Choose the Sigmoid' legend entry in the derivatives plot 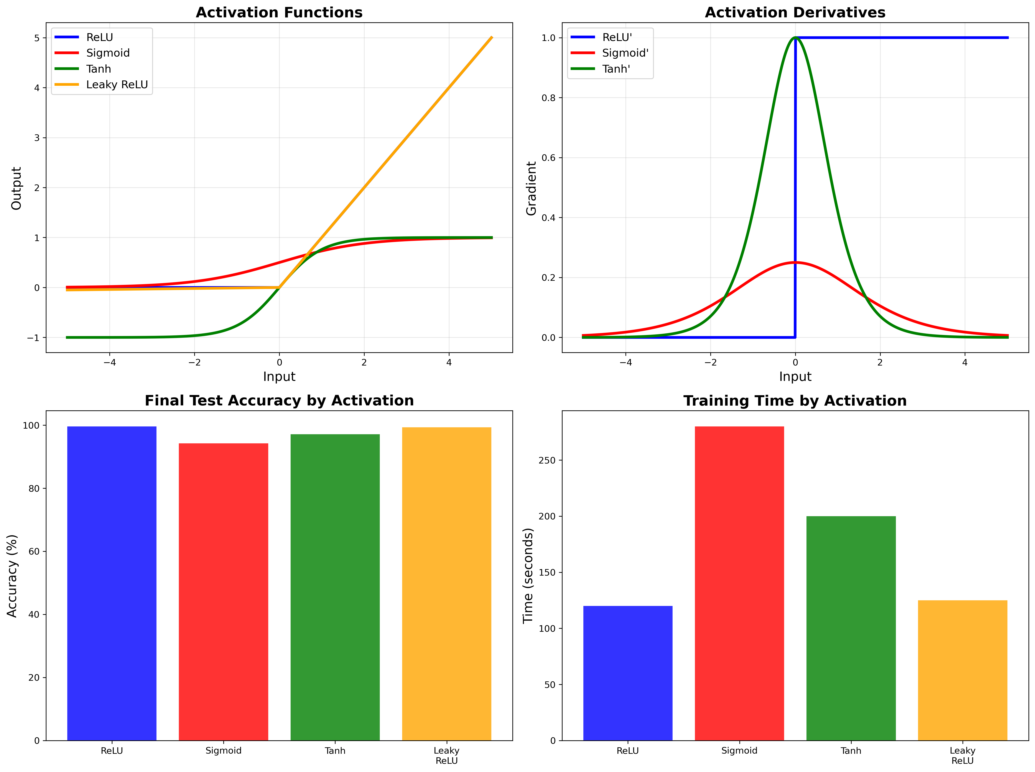[x=625, y=53]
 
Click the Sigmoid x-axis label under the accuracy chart [x=224, y=751]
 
